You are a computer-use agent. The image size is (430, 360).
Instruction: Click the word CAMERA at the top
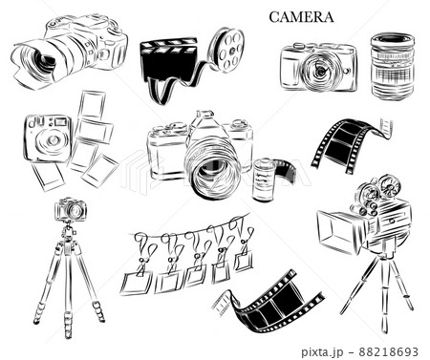tap(301, 17)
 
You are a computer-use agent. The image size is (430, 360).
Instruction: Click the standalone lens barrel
tap(393, 67)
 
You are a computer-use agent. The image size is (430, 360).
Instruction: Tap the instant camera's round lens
tap(51, 140)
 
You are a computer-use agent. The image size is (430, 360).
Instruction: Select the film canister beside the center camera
tap(264, 180)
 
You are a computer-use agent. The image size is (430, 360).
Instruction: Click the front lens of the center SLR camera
tap(213, 170)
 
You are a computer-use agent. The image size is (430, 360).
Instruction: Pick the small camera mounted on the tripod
tap(70, 209)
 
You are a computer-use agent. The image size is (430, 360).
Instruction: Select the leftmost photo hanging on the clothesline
tap(137, 283)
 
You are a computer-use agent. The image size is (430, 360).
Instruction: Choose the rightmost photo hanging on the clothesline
tap(244, 261)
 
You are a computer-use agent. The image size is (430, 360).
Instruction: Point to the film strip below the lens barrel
tap(347, 145)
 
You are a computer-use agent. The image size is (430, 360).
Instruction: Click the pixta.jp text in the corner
tap(322, 351)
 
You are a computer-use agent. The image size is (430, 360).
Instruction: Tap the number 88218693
tap(388, 351)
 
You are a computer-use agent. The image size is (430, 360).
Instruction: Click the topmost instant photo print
tap(92, 105)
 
